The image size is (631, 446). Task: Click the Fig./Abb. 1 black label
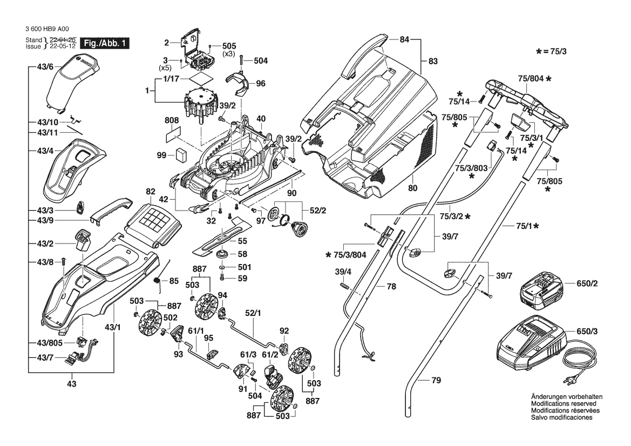click(104, 43)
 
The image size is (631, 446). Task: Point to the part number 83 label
click(433, 62)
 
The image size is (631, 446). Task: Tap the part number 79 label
click(436, 381)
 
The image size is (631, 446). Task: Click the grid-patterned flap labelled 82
click(153, 220)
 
